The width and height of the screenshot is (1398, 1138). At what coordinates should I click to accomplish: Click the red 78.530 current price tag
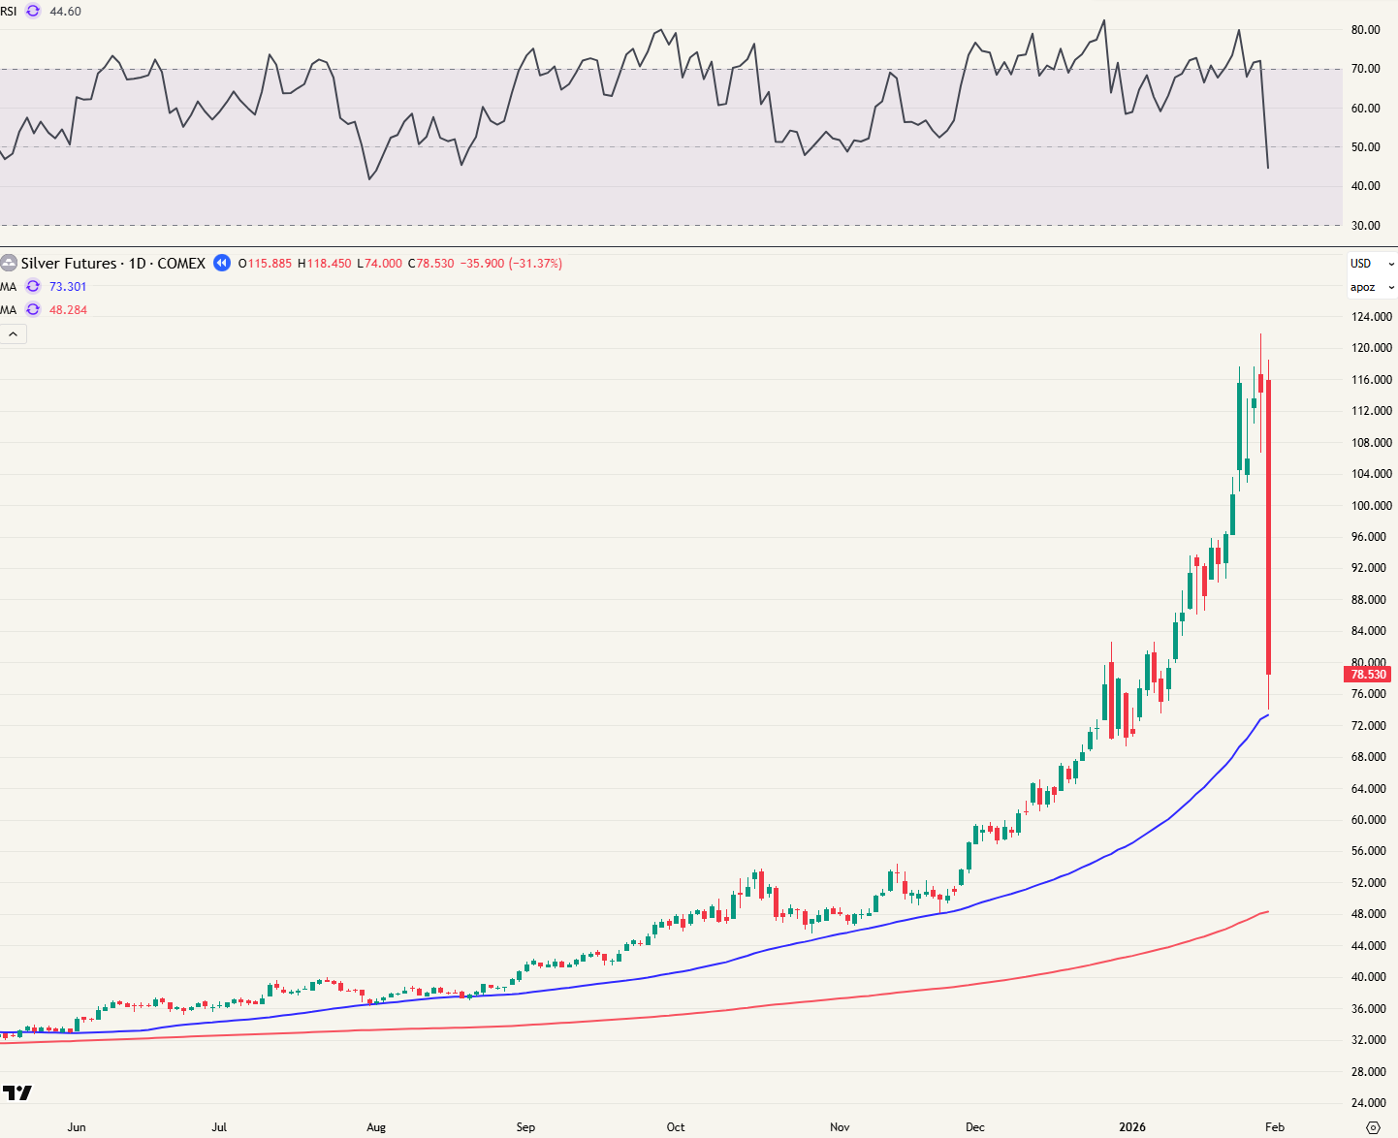click(1368, 674)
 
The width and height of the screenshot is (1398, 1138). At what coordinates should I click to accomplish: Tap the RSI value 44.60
click(65, 12)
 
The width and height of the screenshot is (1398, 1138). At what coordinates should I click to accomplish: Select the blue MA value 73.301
click(68, 287)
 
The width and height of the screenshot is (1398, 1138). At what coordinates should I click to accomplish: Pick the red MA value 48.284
click(68, 310)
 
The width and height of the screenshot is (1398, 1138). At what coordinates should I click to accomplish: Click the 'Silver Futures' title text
click(68, 264)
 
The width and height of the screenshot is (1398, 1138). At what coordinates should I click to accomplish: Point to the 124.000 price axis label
click(1371, 317)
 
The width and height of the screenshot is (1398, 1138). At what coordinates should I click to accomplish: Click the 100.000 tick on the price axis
click(1371, 506)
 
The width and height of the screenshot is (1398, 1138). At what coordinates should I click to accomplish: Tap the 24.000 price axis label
click(1371, 1103)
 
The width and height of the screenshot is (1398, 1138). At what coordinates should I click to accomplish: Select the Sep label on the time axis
click(525, 1127)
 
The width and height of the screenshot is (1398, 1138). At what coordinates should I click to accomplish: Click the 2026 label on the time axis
click(1131, 1127)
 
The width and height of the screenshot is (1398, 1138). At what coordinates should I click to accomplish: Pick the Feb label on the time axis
click(1275, 1127)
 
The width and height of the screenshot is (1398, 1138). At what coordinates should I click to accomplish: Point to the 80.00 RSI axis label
click(1365, 30)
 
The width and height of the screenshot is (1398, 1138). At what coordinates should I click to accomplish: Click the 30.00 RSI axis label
click(1365, 226)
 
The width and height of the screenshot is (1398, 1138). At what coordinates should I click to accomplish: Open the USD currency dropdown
click(1371, 264)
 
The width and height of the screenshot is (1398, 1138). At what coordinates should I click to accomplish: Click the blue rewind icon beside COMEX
click(222, 263)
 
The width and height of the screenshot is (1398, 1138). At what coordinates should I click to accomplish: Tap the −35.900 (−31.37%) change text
click(511, 264)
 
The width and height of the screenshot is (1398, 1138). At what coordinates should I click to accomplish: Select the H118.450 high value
click(325, 264)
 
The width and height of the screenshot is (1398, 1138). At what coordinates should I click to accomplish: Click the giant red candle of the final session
click(1268, 523)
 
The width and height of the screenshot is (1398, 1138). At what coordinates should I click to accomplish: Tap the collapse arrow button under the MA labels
click(14, 334)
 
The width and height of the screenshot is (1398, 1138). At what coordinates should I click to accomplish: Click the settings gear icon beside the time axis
click(1372, 1127)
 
